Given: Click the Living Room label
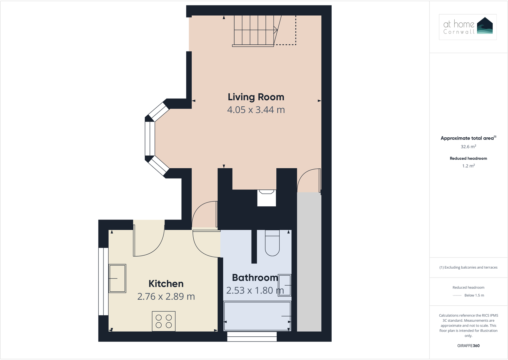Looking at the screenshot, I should pos(256,97).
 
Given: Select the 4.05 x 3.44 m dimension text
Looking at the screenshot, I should pos(256,110).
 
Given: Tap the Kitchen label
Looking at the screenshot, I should pos(166,284).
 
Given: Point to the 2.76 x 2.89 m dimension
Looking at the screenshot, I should pos(166,296).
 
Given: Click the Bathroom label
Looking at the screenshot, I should pos(255,278).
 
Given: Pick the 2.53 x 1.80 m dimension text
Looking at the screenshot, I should pos(255,290).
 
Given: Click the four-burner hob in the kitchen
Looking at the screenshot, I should pos(164,321).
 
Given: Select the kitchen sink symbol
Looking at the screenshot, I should pos(117,278).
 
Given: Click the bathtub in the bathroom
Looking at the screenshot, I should pos(257,316).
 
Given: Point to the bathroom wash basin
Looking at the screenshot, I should pos(284,285).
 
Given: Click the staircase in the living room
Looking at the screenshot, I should pos(254,30).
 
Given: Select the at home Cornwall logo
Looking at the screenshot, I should pos(468,27).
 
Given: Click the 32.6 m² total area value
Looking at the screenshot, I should pos(468,147).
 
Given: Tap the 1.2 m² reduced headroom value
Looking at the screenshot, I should pos(468,166).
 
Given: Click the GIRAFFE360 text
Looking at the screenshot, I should pos(468,346).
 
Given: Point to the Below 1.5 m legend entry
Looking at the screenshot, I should pos(474,295).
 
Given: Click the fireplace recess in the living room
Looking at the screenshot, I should pos(266,198).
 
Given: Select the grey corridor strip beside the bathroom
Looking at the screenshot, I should pos(309,262).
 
